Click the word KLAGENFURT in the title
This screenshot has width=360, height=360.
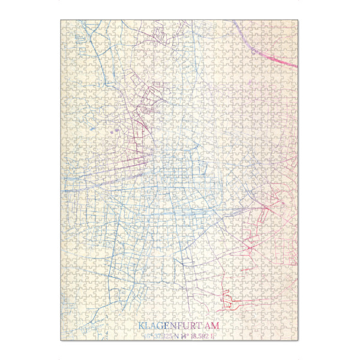tap(170, 326)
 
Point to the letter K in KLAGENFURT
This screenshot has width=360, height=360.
tap(142, 326)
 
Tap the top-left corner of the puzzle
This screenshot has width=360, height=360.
tap(61, 20)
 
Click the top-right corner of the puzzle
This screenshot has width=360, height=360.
tap(298, 20)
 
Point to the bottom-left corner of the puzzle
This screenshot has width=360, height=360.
tap(61, 341)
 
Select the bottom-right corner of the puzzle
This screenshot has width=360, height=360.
tap(298, 341)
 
